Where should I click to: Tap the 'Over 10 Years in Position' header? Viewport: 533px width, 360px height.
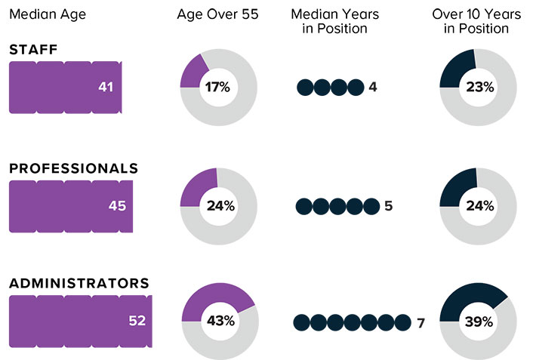point(476,22)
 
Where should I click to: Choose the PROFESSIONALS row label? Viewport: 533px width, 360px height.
point(73,168)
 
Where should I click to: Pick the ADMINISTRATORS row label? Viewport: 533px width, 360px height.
point(79,284)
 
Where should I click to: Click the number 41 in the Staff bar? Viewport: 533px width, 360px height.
point(106,88)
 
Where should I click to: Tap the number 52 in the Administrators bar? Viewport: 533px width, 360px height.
point(137,322)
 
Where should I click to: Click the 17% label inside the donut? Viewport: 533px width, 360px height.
point(218,88)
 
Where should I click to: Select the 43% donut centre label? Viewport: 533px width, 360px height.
point(219,322)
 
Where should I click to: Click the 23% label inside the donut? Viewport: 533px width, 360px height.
point(479,88)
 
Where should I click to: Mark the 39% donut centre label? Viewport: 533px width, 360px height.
point(479,322)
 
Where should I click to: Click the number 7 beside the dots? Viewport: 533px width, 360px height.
point(421,324)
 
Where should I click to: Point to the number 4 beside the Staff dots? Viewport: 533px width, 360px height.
point(373,88)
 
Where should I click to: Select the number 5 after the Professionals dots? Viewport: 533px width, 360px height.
point(388,206)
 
